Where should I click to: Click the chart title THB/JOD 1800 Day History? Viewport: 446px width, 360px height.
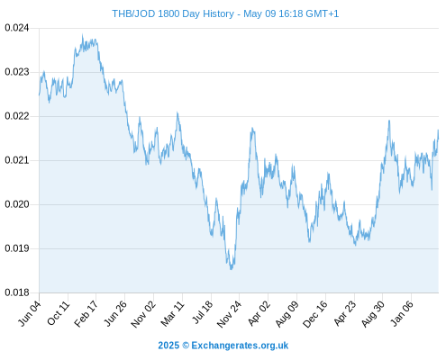point(173,13)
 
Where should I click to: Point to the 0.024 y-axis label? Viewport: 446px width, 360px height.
point(17,28)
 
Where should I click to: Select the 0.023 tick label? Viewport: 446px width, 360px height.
point(17,72)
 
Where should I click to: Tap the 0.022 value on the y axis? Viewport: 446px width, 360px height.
point(17,116)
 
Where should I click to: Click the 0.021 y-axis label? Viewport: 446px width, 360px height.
point(17,160)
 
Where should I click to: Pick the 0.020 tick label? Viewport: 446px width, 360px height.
point(17,204)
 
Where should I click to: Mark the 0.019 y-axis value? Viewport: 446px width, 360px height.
point(17,248)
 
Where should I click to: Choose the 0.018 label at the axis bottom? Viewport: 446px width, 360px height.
point(17,292)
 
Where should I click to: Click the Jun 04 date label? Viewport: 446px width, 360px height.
point(30,313)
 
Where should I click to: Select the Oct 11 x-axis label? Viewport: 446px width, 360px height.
point(59,313)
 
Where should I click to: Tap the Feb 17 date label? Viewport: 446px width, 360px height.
point(86,313)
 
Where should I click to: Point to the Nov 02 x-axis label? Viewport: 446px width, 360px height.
point(143,313)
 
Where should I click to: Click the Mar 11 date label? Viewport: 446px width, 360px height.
point(172,313)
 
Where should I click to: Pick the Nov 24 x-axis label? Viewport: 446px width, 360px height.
point(229,313)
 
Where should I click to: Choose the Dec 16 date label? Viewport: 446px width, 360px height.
point(315,313)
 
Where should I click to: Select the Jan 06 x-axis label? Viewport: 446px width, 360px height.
point(403,313)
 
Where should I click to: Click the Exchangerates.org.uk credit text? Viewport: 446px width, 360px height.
point(240,346)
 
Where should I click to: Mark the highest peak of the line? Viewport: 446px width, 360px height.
point(83,35)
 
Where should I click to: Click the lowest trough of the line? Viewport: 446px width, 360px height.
point(231,269)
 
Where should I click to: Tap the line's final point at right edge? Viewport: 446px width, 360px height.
point(438,139)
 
